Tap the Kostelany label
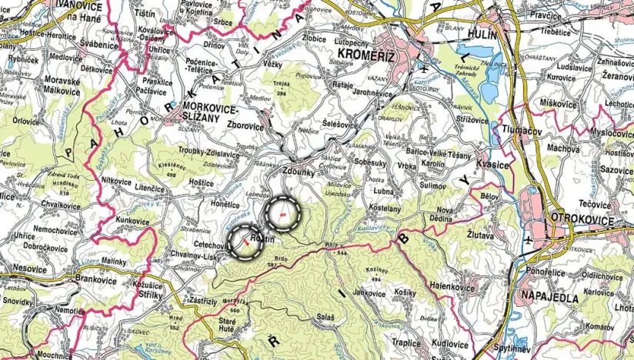click(x=382, y=208)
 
